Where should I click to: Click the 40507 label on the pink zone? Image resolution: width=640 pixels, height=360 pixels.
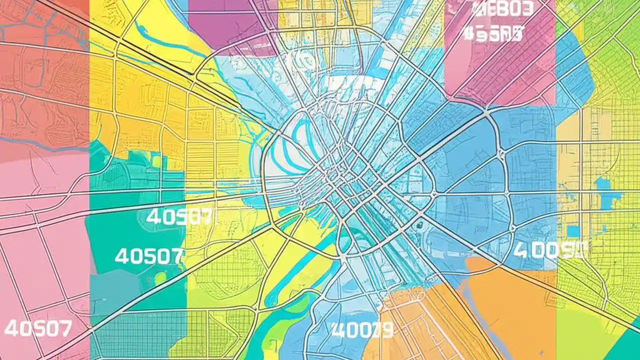(x=38, y=328)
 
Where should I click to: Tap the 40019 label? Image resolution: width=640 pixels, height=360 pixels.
(x=362, y=329)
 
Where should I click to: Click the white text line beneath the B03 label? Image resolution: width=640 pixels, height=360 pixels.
(x=493, y=34)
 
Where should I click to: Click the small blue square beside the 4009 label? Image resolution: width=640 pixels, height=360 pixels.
(x=573, y=231)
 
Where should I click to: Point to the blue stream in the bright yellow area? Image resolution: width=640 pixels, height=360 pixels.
(x=165, y=40)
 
